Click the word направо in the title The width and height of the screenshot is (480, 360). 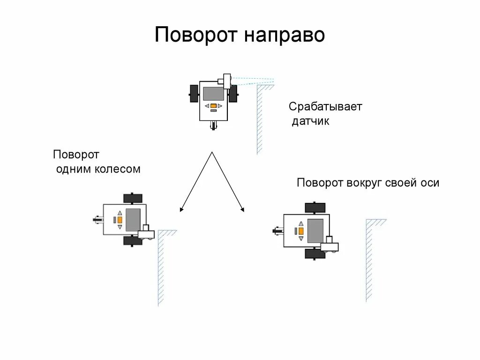(x=284, y=36)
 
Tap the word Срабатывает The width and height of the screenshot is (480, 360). (x=325, y=106)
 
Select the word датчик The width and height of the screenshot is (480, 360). (x=311, y=121)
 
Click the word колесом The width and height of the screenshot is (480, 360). (x=118, y=169)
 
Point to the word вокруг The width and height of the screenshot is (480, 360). (x=365, y=183)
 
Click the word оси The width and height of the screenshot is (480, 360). (x=429, y=183)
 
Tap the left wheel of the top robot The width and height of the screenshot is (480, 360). (x=193, y=93)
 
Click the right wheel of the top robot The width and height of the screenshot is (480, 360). (x=232, y=93)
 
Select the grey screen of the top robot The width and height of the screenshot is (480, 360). (x=213, y=93)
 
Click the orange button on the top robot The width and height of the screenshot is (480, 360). (x=213, y=106)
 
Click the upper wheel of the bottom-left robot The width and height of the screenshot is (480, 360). (x=133, y=198)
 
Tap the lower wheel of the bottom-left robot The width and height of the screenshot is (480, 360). (x=133, y=240)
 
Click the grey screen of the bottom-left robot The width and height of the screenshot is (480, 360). (x=133, y=219)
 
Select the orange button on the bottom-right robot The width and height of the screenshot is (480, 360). (x=300, y=231)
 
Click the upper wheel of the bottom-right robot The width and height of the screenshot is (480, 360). (x=315, y=207)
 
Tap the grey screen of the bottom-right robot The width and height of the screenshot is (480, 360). (x=315, y=230)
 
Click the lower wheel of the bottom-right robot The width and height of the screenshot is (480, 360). (x=315, y=254)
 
